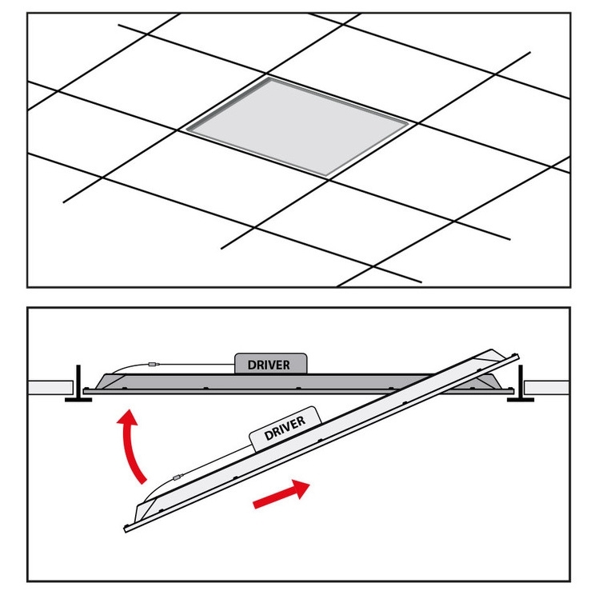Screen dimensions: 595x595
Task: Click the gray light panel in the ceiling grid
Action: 297,126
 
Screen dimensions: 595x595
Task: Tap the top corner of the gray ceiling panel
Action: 270,78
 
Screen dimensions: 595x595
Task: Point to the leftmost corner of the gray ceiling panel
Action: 186,130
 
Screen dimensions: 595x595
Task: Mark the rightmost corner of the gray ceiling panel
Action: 409,123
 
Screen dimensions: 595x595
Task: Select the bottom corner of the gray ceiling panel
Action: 327,176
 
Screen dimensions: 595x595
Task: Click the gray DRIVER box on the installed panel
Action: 270,364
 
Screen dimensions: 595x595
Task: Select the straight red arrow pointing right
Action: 282,494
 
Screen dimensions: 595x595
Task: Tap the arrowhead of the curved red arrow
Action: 128,417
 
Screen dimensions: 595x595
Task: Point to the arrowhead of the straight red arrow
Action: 301,489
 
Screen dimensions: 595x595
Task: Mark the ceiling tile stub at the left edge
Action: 50,387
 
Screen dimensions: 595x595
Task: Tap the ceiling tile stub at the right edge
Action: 546,387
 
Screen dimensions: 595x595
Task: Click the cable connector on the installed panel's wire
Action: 153,365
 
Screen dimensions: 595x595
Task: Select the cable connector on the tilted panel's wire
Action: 178,477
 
